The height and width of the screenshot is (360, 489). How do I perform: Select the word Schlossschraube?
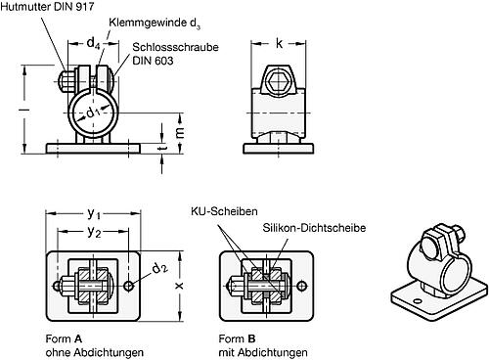pyautogui.click(x=163, y=46)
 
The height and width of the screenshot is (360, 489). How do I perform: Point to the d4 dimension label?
pyautogui.click(x=93, y=42)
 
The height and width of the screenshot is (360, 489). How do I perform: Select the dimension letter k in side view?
pyautogui.click(x=279, y=42)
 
